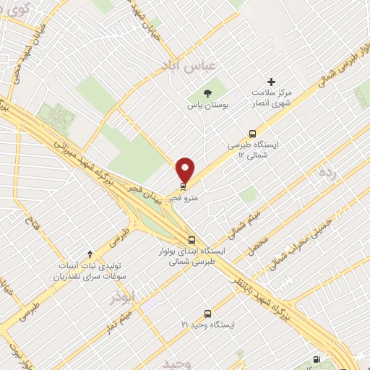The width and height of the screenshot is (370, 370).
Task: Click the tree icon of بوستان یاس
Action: point(208,92)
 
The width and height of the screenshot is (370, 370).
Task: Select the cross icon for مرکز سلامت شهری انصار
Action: point(272,82)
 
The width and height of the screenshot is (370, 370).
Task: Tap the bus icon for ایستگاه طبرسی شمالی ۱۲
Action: point(252,133)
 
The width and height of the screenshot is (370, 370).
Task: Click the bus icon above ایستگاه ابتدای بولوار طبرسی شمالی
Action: point(192,240)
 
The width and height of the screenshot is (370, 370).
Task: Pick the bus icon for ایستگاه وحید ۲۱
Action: point(207,314)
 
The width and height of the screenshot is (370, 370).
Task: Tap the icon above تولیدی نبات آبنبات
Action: point(90,254)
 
